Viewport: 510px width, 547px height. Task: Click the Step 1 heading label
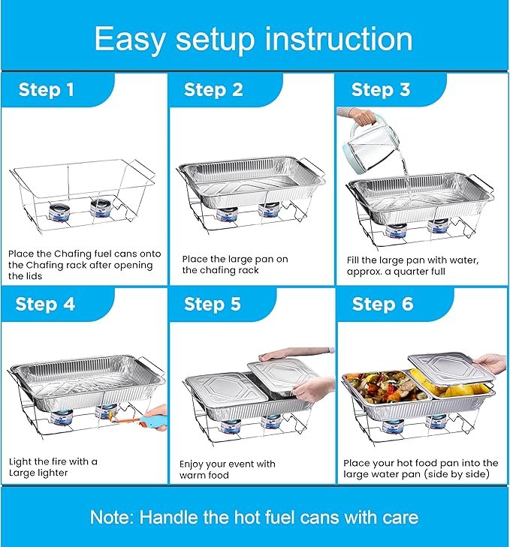tap(47, 89)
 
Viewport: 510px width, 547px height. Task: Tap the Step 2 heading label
tap(213, 89)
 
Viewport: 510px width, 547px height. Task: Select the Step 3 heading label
tap(381, 89)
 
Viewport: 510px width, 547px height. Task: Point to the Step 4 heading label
tap(45, 304)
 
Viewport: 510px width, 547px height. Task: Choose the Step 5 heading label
tap(213, 304)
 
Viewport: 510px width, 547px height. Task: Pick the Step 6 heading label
tap(382, 304)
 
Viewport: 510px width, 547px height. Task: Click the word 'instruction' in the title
tap(339, 39)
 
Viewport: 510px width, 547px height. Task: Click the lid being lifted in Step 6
tap(451, 368)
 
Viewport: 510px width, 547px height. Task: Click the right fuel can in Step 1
tap(101, 207)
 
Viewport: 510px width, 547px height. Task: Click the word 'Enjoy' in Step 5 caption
tap(192, 464)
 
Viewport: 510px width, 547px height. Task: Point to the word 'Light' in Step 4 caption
tap(20, 462)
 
